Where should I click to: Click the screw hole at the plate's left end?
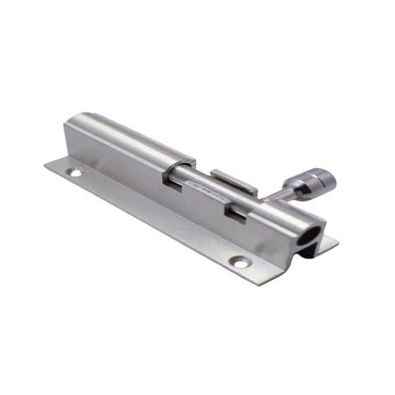73,171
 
